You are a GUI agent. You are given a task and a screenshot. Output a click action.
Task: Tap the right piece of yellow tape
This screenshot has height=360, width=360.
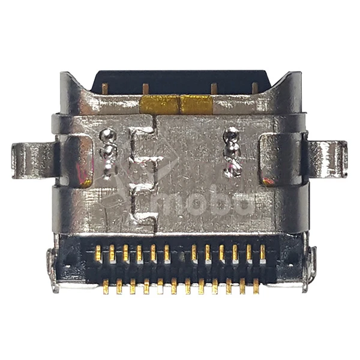point(197,105)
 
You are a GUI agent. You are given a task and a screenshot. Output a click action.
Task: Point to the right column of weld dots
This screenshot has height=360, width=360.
point(232,152)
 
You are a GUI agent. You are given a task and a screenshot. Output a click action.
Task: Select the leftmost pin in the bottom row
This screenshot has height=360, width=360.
point(106,286)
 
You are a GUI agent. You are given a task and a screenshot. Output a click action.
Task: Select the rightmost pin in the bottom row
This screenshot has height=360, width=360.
point(256,286)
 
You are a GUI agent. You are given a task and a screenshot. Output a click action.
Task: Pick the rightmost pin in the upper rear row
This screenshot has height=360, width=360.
point(263,253)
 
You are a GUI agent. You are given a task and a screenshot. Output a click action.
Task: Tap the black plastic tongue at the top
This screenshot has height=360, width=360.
point(180,82)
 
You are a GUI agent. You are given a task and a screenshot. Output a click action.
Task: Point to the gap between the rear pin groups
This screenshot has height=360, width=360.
point(181,253)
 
